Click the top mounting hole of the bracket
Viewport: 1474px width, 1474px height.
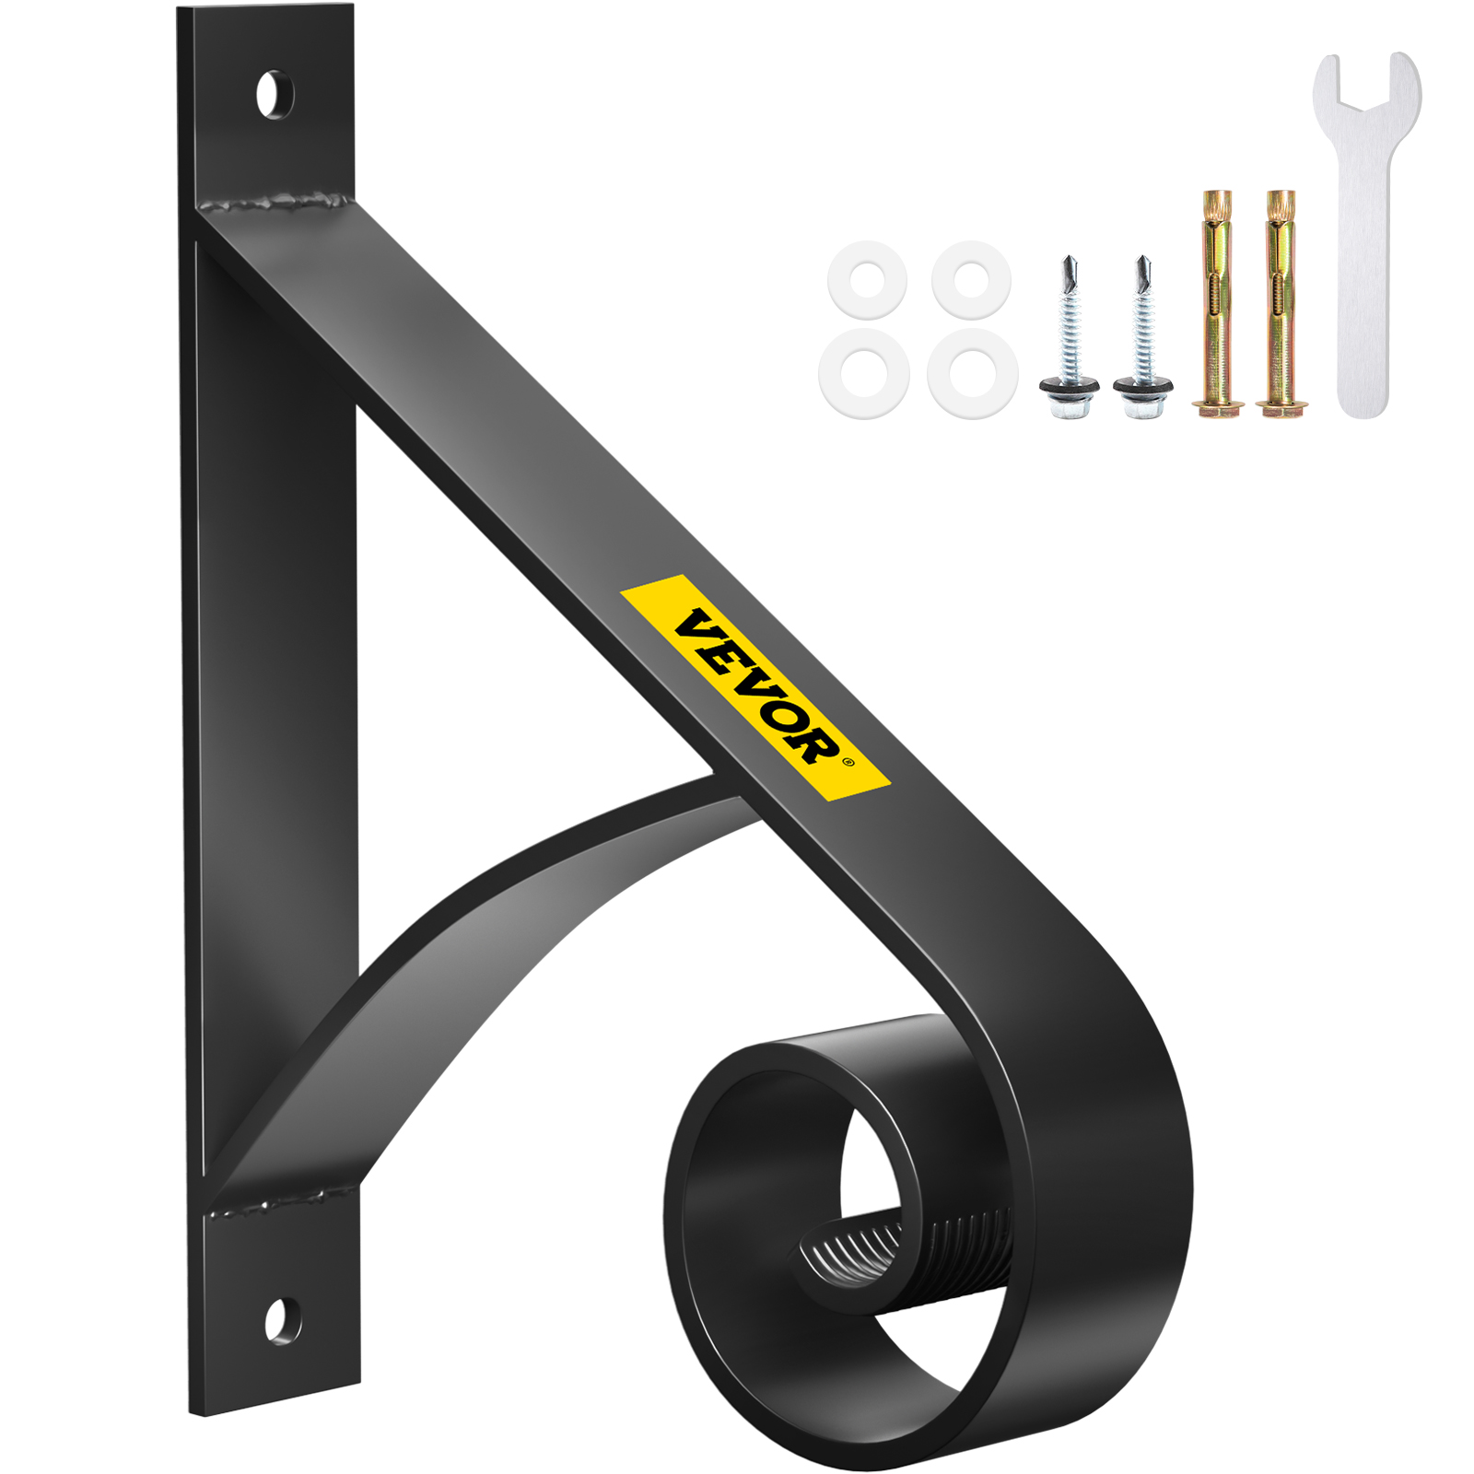[274, 95]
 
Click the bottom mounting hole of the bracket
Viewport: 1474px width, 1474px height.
[282, 1320]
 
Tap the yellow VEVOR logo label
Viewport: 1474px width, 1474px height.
[755, 687]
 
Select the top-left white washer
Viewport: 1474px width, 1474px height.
[867, 279]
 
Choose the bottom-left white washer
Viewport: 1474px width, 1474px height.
[863, 373]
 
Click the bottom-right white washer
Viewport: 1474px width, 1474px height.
[972, 373]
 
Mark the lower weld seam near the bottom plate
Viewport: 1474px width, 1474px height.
[276, 1203]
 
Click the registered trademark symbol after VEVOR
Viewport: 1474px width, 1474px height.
[848, 762]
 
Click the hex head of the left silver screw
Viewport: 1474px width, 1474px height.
[1069, 392]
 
